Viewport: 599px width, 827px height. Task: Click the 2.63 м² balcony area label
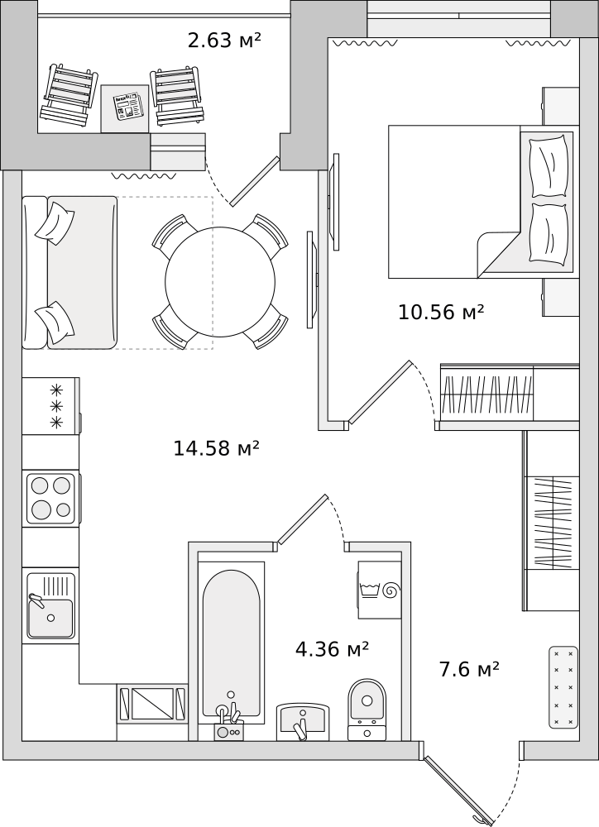[x=224, y=40]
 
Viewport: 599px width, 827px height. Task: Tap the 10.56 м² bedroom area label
[x=441, y=313]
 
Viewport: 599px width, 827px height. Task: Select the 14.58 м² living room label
[x=217, y=448]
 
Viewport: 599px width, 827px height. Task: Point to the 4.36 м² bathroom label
[x=332, y=648]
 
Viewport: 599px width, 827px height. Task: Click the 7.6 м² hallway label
[x=469, y=669]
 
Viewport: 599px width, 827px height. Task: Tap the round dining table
[x=220, y=282]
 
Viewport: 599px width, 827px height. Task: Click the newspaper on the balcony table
[x=129, y=106]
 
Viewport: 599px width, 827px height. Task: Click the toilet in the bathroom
[x=367, y=710]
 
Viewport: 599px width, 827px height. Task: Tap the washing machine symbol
[x=380, y=590]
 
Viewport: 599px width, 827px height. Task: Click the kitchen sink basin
[x=50, y=618]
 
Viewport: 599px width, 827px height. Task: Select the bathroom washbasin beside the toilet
[x=303, y=721]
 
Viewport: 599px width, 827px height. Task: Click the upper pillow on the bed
[x=550, y=166]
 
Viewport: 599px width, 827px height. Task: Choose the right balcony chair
[x=178, y=95]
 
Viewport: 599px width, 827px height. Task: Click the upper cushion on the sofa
[x=55, y=223]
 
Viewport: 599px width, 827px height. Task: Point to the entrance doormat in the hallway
[x=563, y=687]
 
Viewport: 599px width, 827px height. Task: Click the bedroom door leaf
[x=380, y=391]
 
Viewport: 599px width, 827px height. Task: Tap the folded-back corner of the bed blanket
[x=499, y=254]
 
